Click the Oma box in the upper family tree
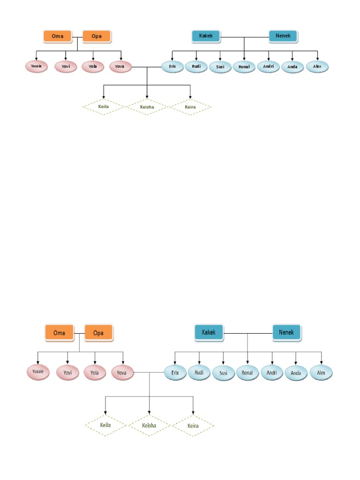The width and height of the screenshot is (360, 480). click(x=58, y=36)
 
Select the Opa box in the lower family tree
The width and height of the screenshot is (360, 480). click(x=98, y=333)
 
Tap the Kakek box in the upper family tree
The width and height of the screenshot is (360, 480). click(x=206, y=36)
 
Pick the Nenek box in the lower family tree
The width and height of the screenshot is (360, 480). click(x=286, y=332)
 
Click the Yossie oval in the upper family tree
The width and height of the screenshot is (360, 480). click(x=37, y=67)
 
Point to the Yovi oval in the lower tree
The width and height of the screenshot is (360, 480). click(x=67, y=373)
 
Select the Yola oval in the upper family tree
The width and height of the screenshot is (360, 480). click(x=93, y=67)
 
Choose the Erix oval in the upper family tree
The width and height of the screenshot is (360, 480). click(x=172, y=67)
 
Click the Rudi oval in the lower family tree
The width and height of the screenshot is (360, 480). click(x=199, y=372)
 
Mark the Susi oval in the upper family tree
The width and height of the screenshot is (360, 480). click(x=220, y=67)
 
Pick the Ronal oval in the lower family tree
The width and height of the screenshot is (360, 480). click(x=247, y=373)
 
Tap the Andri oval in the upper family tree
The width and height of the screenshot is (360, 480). click(x=269, y=67)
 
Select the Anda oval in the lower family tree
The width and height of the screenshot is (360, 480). click(x=296, y=373)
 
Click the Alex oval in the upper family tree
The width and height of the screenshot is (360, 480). click(x=317, y=67)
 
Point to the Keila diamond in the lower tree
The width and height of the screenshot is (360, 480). click(x=105, y=425)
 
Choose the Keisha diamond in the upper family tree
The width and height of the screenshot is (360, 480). click(x=147, y=107)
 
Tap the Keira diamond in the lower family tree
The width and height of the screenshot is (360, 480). click(x=193, y=426)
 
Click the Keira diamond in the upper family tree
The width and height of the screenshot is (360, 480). click(x=190, y=107)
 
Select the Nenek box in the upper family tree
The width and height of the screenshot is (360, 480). click(x=283, y=36)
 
